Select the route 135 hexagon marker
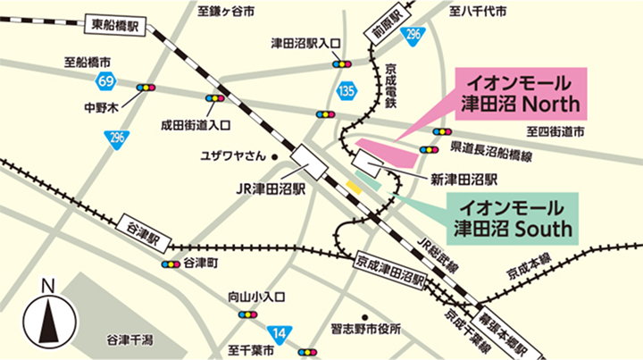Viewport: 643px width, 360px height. click(347, 90)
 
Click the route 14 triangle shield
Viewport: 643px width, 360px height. click(280, 334)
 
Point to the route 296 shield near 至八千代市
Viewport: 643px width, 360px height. click(411, 35)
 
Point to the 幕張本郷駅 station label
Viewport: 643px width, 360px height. click(513, 330)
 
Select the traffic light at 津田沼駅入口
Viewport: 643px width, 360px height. click(342, 65)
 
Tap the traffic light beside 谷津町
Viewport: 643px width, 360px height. click(170, 264)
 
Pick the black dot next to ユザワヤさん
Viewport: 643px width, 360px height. click(275, 158)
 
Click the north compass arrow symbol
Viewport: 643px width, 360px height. click(48, 320)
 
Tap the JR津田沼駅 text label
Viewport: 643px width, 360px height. click(271, 189)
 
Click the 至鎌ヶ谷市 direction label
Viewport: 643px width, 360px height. click(226, 12)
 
